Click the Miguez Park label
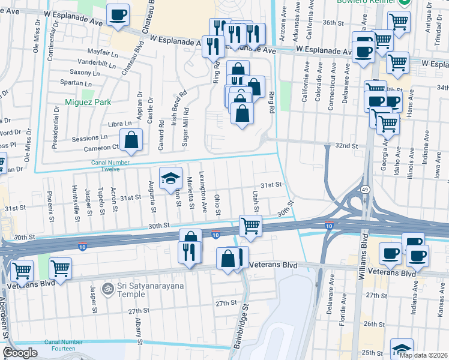pos(89,102)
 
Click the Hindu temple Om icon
pos(107,289)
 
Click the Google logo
pos(20,353)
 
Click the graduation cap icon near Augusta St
pos(170,177)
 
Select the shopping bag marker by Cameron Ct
pos(131,140)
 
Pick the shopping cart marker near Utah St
pos(250,226)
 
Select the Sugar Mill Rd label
pos(186,127)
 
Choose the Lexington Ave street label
pos(205,196)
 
